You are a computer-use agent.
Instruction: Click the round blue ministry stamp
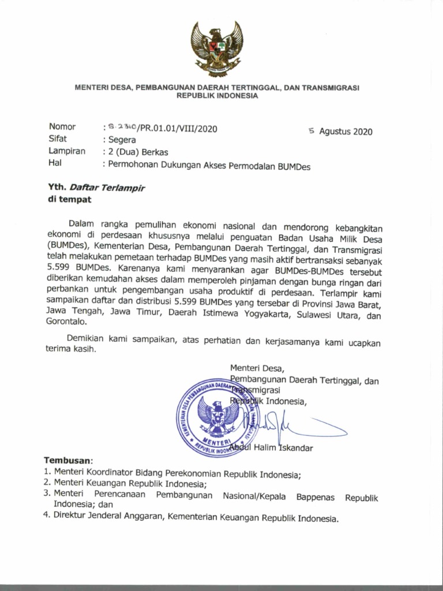pyautogui.click(x=217, y=418)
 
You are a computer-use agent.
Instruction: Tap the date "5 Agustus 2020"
pyautogui.click(x=341, y=131)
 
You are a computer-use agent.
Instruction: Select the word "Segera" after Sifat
pyautogui.click(x=121, y=140)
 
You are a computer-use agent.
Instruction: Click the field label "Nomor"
pyautogui.click(x=62, y=127)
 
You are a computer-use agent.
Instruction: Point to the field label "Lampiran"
pyautogui.click(x=67, y=152)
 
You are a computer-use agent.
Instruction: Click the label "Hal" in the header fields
pyautogui.click(x=55, y=164)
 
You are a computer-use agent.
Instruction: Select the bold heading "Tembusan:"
pyautogui.click(x=69, y=461)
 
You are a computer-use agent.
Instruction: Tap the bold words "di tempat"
pyautogui.click(x=69, y=200)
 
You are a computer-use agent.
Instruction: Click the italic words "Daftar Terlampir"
pyautogui.click(x=107, y=188)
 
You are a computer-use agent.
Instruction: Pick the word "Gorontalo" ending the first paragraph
pyautogui.click(x=66, y=324)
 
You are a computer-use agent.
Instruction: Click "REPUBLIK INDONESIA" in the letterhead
pyautogui.click(x=217, y=96)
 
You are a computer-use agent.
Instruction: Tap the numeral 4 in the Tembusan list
pyautogui.click(x=47, y=515)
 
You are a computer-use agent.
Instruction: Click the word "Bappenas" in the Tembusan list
pyautogui.click(x=316, y=497)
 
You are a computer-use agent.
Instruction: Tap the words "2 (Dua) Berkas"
pyautogui.click(x=137, y=152)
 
